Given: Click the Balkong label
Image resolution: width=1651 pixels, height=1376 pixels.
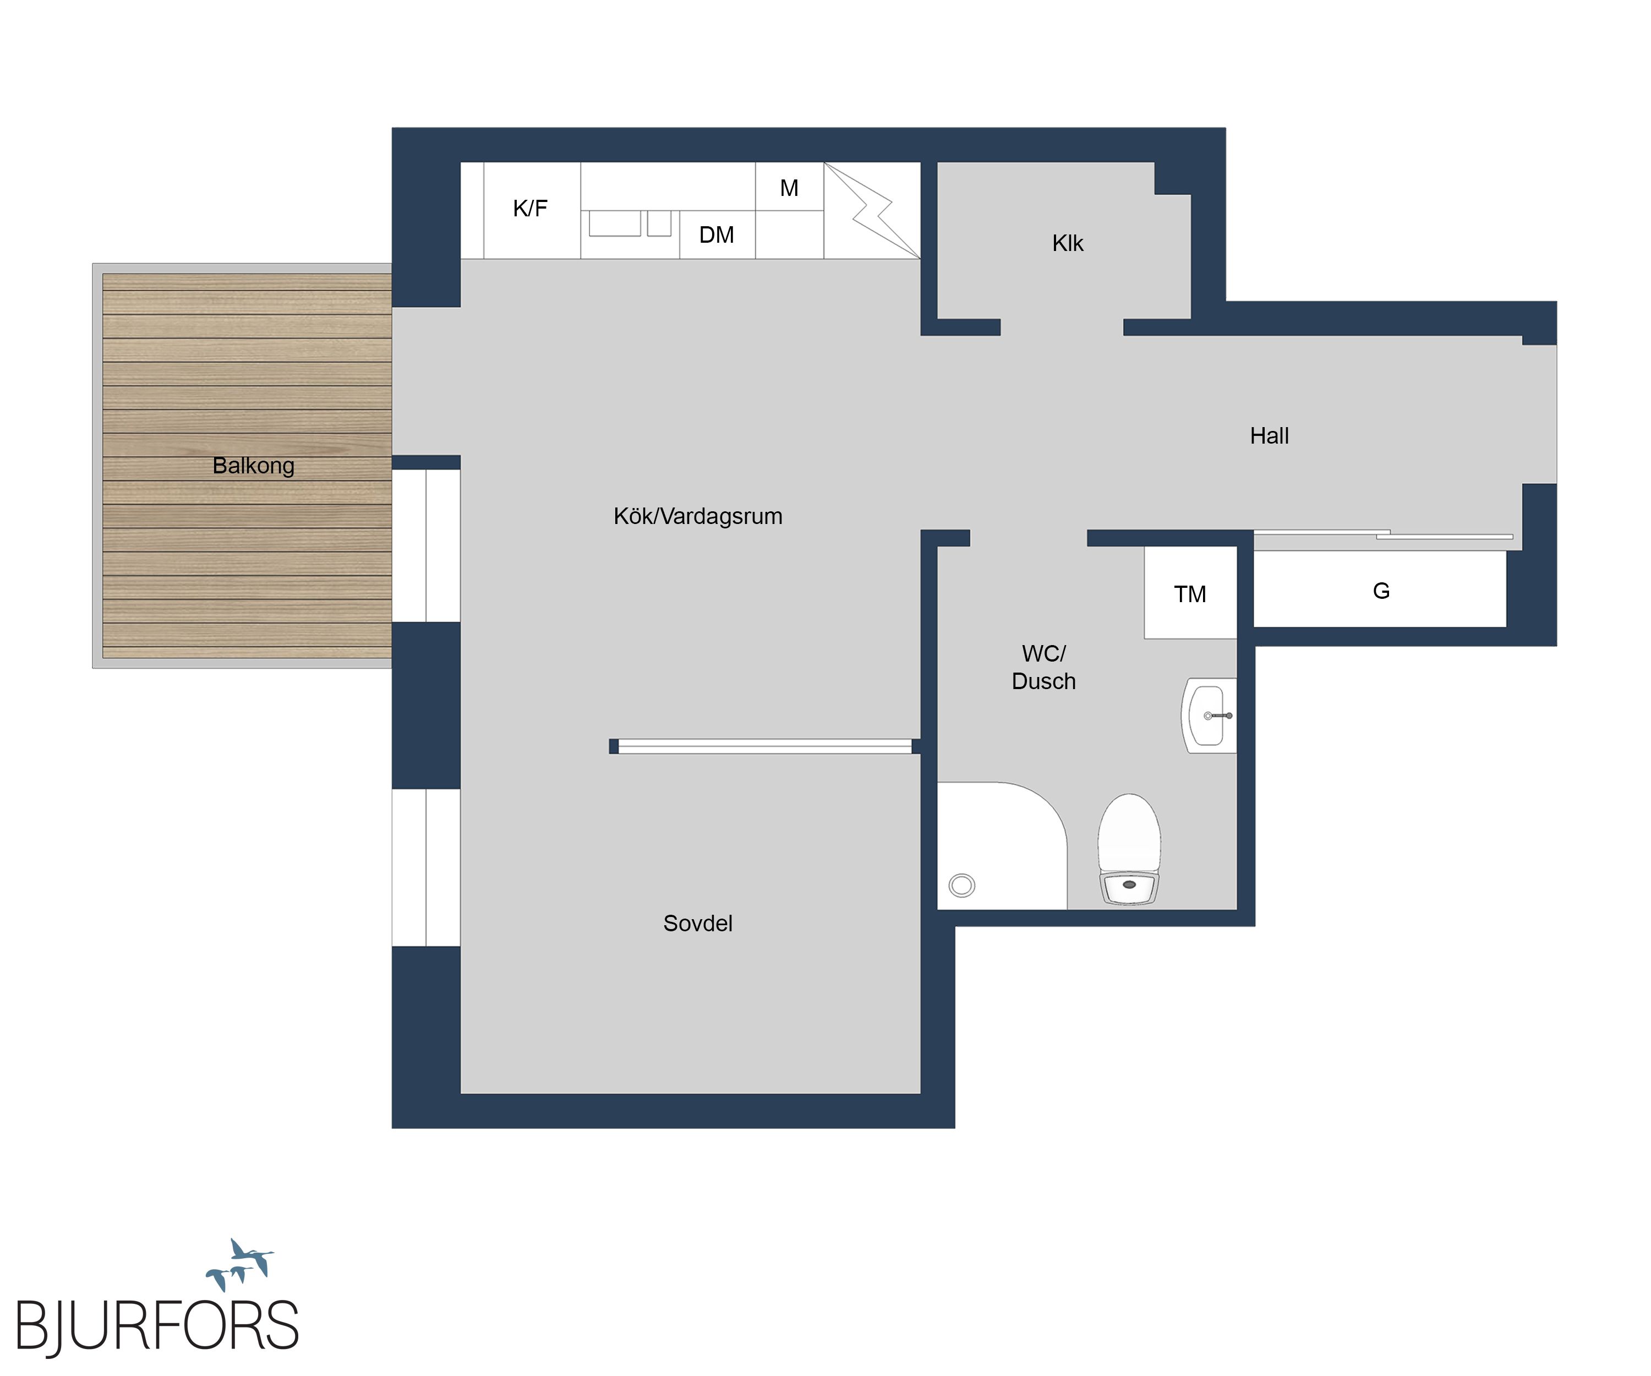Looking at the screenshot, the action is (x=253, y=466).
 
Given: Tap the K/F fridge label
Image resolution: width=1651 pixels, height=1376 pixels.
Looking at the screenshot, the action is (x=530, y=209).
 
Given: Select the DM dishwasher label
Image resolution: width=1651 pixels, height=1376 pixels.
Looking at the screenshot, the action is (x=716, y=234).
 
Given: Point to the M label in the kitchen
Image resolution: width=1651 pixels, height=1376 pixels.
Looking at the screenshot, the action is (x=789, y=188).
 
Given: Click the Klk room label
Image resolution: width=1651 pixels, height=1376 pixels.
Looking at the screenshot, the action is (x=1068, y=243).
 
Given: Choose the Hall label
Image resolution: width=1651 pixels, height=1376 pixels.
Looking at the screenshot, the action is (x=1269, y=435).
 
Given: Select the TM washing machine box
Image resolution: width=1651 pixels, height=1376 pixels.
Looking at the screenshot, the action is (x=1190, y=593).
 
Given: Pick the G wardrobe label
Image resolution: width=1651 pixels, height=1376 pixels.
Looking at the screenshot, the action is (x=1381, y=591).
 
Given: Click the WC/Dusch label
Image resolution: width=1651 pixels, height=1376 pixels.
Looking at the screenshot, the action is (x=1044, y=667).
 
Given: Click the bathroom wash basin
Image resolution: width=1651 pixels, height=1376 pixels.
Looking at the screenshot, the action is (x=1209, y=716).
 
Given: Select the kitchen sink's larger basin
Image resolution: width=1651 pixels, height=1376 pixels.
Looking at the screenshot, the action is (x=615, y=223).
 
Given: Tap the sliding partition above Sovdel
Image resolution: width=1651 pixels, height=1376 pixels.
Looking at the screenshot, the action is (x=765, y=746).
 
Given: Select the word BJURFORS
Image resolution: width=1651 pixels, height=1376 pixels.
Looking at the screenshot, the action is (x=157, y=1326).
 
